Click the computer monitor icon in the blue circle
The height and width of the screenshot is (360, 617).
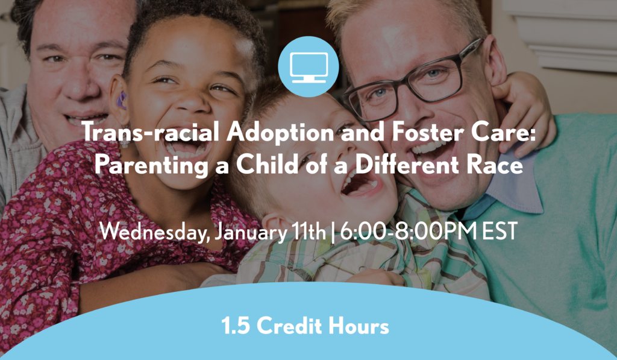308,66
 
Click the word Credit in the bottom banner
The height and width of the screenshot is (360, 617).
289,327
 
